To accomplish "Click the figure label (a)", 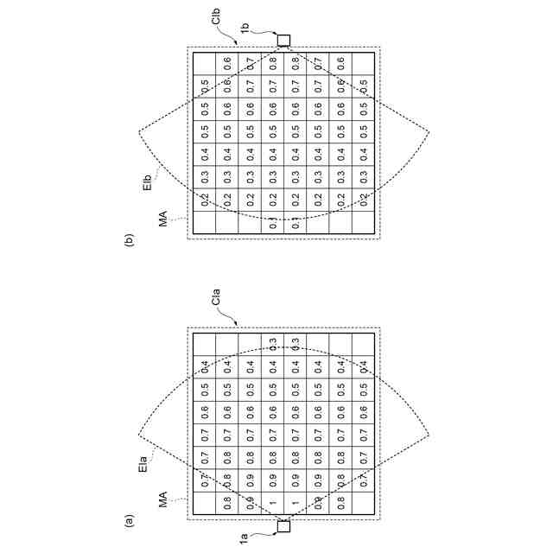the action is coord(130,521).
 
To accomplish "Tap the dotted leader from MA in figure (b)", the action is coord(177,218).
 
